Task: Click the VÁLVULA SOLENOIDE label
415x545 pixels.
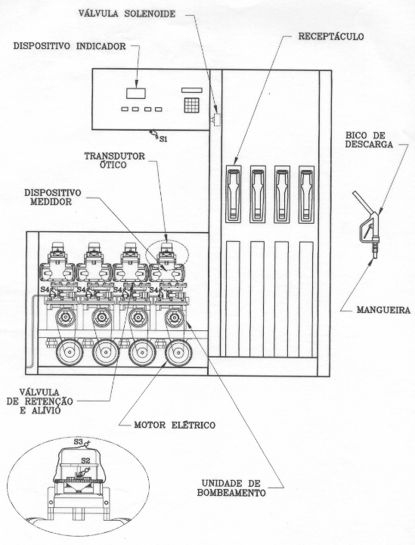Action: pyautogui.click(x=127, y=14)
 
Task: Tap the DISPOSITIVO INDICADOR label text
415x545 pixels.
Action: pyautogui.click(x=70, y=46)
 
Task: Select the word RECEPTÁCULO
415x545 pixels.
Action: pyautogui.click(x=331, y=36)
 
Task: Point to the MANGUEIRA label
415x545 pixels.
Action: pyautogui.click(x=383, y=310)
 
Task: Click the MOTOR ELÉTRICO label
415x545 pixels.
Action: pyautogui.click(x=175, y=425)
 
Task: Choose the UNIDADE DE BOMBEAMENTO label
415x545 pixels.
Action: pyautogui.click(x=231, y=488)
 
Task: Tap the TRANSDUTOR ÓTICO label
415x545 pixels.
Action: pyautogui.click(x=115, y=160)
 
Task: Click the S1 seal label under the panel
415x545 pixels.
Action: pyautogui.click(x=163, y=139)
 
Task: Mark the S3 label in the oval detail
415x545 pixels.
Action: pyautogui.click(x=78, y=442)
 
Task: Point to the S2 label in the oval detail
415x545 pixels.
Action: pyautogui.click(x=85, y=460)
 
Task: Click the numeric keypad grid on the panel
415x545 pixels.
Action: pyautogui.click(x=191, y=105)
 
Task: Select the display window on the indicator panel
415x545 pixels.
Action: pyautogui.click(x=136, y=93)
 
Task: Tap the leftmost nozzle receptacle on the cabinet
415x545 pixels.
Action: pyautogui.click(x=233, y=194)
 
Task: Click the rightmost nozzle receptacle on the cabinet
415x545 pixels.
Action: pyautogui.click(x=306, y=194)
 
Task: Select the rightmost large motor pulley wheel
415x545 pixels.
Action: pyautogui.click(x=178, y=352)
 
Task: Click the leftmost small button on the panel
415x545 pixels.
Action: pyautogui.click(x=125, y=109)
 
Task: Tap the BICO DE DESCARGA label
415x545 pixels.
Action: pyautogui.click(x=369, y=139)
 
